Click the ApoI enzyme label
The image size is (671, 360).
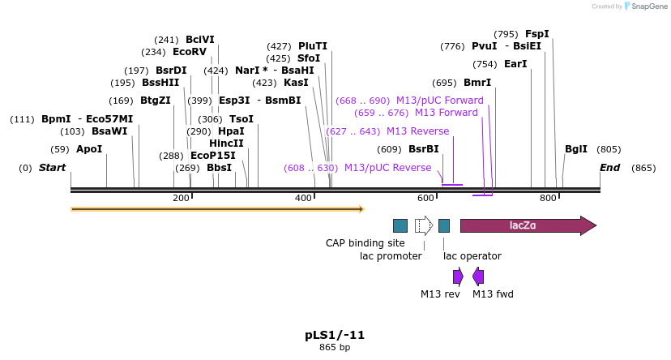(x=89, y=149)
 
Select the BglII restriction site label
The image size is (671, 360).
(x=576, y=149)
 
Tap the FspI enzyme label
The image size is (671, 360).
(x=536, y=34)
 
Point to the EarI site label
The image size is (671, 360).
(x=515, y=64)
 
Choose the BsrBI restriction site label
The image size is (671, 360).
(x=423, y=149)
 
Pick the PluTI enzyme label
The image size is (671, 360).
(x=313, y=46)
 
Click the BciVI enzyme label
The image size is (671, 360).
(x=200, y=40)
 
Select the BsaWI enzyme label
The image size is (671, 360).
(x=109, y=131)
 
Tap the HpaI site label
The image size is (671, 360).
(x=231, y=131)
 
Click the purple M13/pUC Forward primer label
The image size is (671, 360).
(x=446, y=101)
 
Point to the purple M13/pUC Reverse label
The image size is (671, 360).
(x=387, y=168)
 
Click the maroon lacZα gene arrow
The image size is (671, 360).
(x=528, y=225)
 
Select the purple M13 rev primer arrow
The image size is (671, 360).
(x=458, y=276)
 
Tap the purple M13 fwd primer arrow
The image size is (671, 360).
(x=478, y=276)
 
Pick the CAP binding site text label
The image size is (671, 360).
(x=365, y=242)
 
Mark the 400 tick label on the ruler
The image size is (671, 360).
(x=304, y=199)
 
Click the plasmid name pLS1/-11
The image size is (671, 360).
(x=334, y=335)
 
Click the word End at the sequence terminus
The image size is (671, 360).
(x=609, y=168)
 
